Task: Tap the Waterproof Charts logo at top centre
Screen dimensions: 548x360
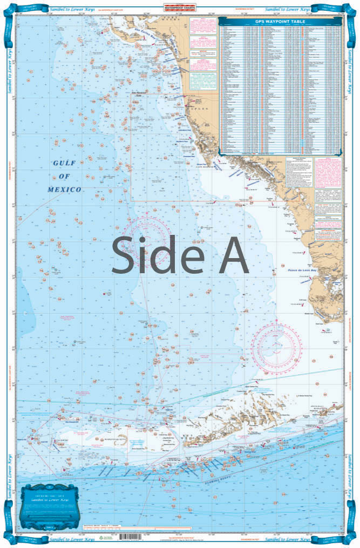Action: point(180,6)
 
